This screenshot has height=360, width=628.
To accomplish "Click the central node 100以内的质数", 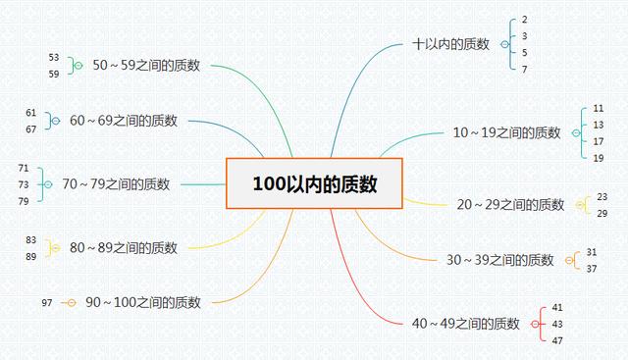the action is tap(314, 183).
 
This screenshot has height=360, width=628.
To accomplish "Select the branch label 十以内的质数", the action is tap(451, 44).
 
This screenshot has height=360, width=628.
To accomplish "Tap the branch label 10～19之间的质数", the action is tap(506, 132).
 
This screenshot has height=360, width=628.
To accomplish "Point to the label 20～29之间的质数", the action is tap(510, 205).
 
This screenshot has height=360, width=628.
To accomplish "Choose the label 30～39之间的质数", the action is tap(499, 260).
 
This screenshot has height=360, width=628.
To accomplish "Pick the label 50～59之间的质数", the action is tap(146, 65).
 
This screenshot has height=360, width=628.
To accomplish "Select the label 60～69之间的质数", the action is tap(124, 121).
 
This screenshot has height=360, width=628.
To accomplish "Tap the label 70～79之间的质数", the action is tap(116, 183).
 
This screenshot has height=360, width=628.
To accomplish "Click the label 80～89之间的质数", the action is tap(124, 248).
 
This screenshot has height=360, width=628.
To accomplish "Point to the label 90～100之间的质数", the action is tap(143, 302).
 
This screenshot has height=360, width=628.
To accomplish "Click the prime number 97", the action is tap(47, 302).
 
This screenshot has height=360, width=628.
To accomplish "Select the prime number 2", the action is tap(525, 21).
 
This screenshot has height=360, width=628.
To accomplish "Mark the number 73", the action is tap(24, 183).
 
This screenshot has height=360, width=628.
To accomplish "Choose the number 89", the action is tap(31, 256).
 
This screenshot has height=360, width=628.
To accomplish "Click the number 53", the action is tap(53, 58).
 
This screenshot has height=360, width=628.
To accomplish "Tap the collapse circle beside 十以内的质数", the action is tap(504, 44).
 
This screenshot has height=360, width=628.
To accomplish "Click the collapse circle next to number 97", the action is tap(69, 302).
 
